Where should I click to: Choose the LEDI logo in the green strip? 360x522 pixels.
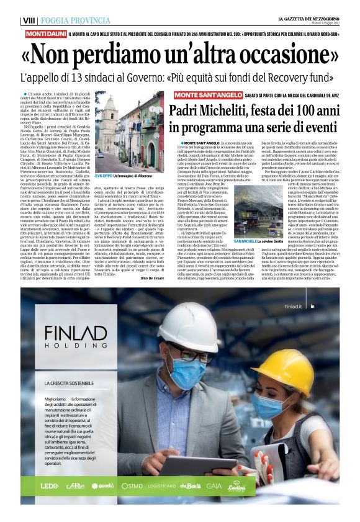pyautogui.click(x=50, y=485)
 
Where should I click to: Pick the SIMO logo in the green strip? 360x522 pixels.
pyautogui.click(x=133, y=486)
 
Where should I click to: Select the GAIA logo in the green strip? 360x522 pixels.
pyautogui.click(x=214, y=485)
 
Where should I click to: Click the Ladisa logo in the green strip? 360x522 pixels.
pyautogui.click(x=236, y=485)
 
